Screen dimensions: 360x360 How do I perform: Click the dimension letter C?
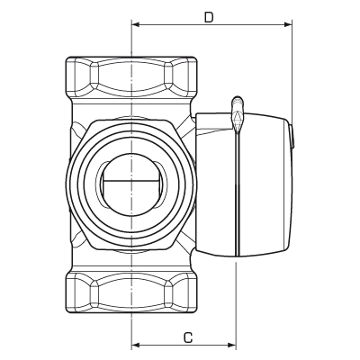(x=186, y=338)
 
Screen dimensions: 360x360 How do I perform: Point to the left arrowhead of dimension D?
(x=136, y=23)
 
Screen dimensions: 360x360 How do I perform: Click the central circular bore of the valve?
(x=131, y=182)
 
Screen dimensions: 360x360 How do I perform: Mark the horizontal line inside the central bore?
(x=131, y=183)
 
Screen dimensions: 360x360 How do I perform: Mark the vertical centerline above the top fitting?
(x=132, y=40)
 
